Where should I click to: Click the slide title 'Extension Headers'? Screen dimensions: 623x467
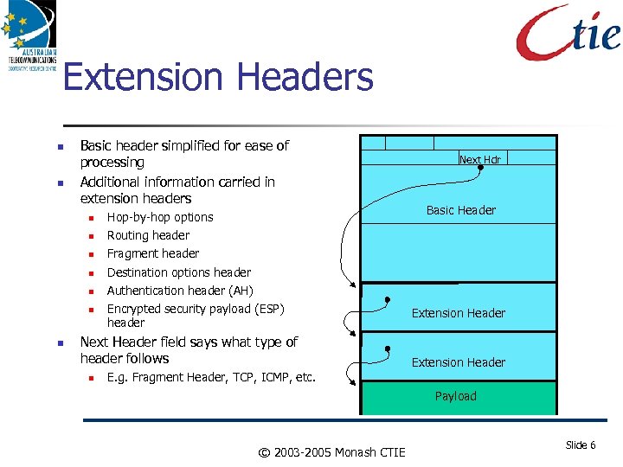[x=218, y=77]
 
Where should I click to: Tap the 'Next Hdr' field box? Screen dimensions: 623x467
[x=480, y=159]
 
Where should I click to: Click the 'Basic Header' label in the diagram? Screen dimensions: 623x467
[x=461, y=210]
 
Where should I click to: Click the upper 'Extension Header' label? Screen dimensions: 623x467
[x=459, y=313]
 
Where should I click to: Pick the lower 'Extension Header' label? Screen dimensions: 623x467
[x=459, y=362]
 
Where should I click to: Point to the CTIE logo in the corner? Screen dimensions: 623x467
[x=568, y=33]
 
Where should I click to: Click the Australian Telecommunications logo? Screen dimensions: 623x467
[x=29, y=35]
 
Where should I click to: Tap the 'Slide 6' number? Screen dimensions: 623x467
[x=580, y=445]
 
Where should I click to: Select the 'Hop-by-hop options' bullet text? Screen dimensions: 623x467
[x=160, y=217]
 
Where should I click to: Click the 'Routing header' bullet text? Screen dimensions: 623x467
[x=148, y=235]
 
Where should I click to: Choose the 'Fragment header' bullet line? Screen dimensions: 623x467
[x=153, y=253]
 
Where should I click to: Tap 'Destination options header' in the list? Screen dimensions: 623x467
[x=179, y=272]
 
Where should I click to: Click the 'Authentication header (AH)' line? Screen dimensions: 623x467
[x=180, y=291]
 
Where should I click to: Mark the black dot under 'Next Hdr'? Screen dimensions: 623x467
[x=481, y=168]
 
